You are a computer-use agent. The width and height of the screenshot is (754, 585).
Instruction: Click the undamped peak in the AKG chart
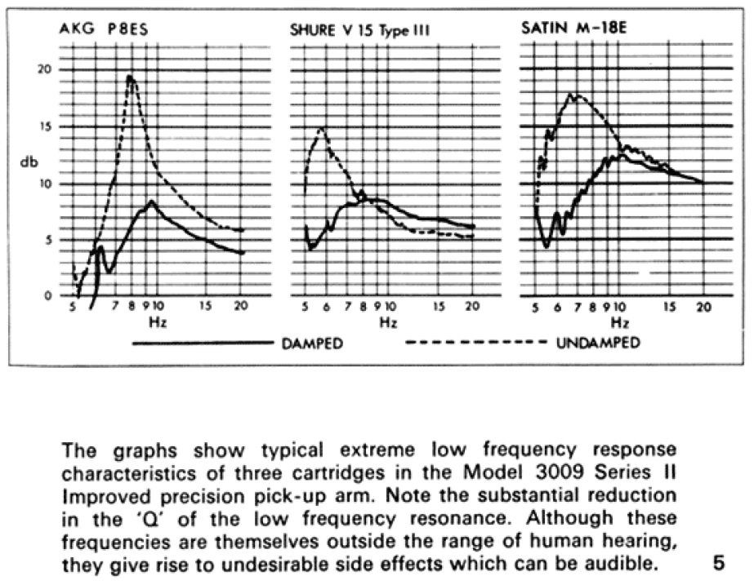(x=130, y=77)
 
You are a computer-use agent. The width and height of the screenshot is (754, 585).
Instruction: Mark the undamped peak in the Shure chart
(x=322, y=128)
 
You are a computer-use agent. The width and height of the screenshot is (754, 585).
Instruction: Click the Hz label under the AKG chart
(x=157, y=323)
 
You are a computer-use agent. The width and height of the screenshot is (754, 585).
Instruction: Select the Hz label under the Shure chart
(x=389, y=323)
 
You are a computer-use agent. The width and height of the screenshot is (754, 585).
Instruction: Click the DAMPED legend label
(x=312, y=343)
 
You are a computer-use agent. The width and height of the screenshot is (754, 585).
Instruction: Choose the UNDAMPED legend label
(x=598, y=343)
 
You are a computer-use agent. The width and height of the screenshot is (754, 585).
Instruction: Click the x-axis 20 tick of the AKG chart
(x=240, y=308)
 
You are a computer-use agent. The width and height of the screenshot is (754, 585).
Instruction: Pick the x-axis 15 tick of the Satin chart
(x=670, y=308)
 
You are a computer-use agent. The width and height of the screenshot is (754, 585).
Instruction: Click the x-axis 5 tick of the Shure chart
(x=305, y=308)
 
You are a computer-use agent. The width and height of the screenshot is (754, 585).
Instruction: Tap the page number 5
(x=719, y=562)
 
